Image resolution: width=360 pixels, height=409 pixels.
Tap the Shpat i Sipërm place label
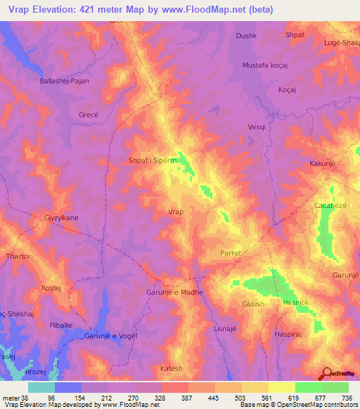[150, 160]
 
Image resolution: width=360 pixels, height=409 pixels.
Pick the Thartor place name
[18, 257]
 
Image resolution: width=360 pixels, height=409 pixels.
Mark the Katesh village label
[171, 368]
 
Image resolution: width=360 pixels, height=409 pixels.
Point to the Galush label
[253, 304]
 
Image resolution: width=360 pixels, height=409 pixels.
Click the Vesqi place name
[257, 126]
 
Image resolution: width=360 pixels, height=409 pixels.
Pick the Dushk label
[247, 35]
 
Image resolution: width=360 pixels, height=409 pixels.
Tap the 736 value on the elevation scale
[347, 396]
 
